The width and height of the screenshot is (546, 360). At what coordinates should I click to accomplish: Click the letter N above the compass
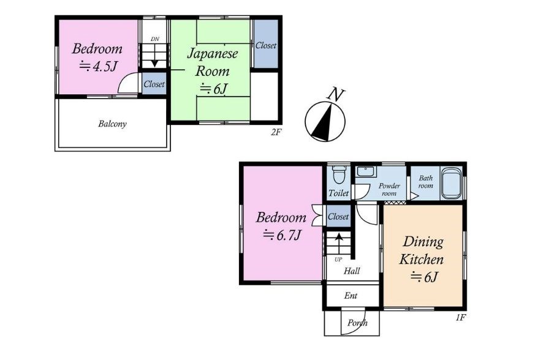[336, 95]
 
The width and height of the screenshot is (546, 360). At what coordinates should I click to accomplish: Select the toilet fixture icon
[338, 175]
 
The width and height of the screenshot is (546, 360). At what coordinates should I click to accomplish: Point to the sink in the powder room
[365, 171]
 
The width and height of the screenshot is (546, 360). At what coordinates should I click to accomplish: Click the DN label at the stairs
[155, 39]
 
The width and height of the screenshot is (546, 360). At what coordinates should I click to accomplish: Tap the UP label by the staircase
[338, 260]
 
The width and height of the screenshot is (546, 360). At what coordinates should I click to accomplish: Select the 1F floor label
[460, 317]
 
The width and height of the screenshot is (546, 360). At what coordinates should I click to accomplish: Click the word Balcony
[112, 124]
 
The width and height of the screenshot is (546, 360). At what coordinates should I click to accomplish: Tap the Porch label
[357, 323]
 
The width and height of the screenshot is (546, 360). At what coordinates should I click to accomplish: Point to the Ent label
[351, 296]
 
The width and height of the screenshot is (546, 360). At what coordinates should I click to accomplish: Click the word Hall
[352, 271]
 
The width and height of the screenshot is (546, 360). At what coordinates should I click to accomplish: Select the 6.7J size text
[282, 236]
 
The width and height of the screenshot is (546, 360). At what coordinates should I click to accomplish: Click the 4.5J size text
[98, 66]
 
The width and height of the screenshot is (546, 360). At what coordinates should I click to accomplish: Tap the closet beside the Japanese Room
[266, 44]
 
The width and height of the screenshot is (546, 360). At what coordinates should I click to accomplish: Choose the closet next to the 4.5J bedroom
[154, 83]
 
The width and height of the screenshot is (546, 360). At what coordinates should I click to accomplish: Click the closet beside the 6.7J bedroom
[338, 216]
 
